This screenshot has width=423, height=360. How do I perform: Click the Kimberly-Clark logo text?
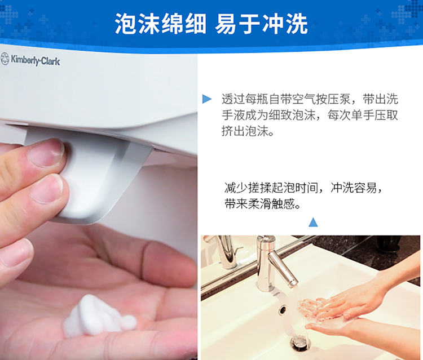click(35, 60)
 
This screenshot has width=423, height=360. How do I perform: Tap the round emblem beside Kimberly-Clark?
click(5, 59)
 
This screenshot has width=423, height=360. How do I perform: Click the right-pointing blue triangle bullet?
click(207, 99)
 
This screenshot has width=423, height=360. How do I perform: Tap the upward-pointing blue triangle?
click(313, 223)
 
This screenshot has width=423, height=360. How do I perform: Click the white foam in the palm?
click(99, 317)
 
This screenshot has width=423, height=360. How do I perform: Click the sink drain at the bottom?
click(300, 343)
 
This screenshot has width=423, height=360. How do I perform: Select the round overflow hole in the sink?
click(283, 310)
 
